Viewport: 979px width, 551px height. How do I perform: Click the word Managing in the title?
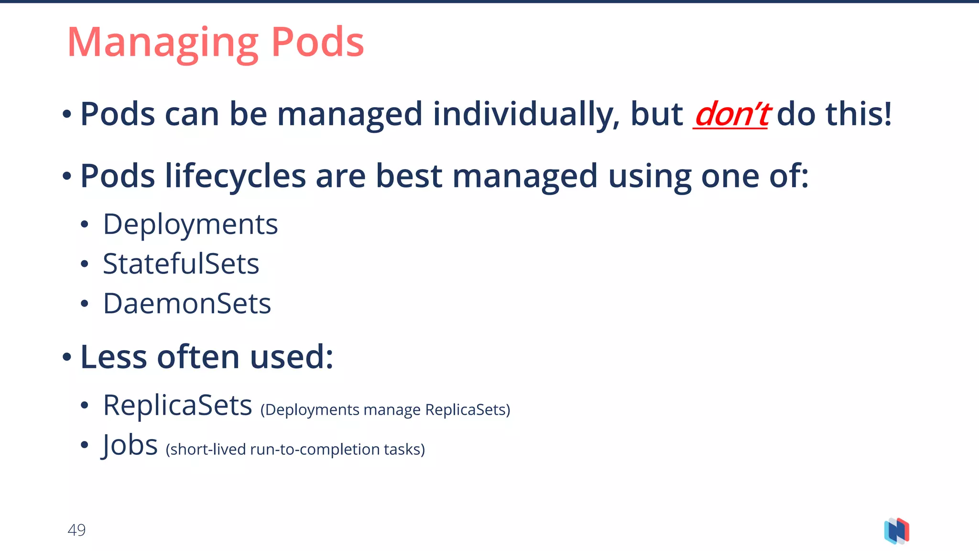point(163,43)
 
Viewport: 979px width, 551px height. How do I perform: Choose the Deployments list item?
point(190,225)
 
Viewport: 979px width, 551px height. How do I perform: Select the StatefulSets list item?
point(181,264)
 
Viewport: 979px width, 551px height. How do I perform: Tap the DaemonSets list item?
point(187,304)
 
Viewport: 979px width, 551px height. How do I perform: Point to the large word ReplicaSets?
point(177,406)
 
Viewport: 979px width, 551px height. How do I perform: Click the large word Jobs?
point(130,445)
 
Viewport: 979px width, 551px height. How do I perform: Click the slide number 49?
point(76,530)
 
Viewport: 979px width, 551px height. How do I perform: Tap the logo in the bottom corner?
point(896,531)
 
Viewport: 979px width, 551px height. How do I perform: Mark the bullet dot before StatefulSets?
point(85,264)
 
